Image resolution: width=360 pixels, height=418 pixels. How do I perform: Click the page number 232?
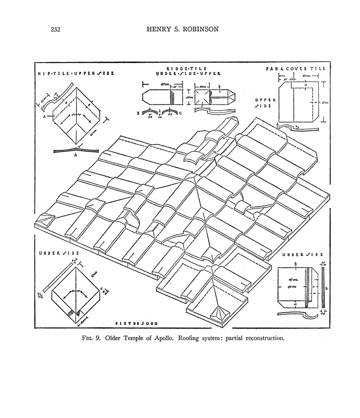tap(56, 29)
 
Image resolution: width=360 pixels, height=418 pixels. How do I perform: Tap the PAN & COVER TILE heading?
tap(295, 69)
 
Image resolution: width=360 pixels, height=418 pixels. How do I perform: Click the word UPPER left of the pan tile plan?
tap(266, 100)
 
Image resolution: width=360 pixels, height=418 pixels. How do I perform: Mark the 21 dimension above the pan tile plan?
tap(285, 78)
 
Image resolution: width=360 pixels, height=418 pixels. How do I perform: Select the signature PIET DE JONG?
tap(137, 323)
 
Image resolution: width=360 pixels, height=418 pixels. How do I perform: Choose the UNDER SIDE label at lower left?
tap(59, 253)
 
